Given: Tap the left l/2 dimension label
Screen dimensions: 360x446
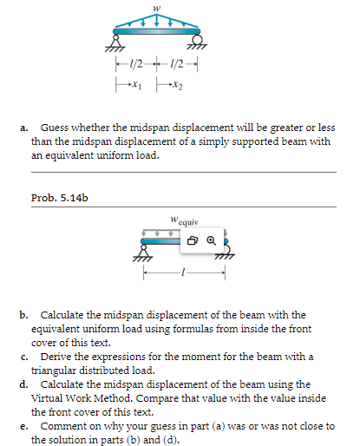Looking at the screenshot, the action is coord(135,69).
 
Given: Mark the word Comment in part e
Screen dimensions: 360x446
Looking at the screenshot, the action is coord(62,426).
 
